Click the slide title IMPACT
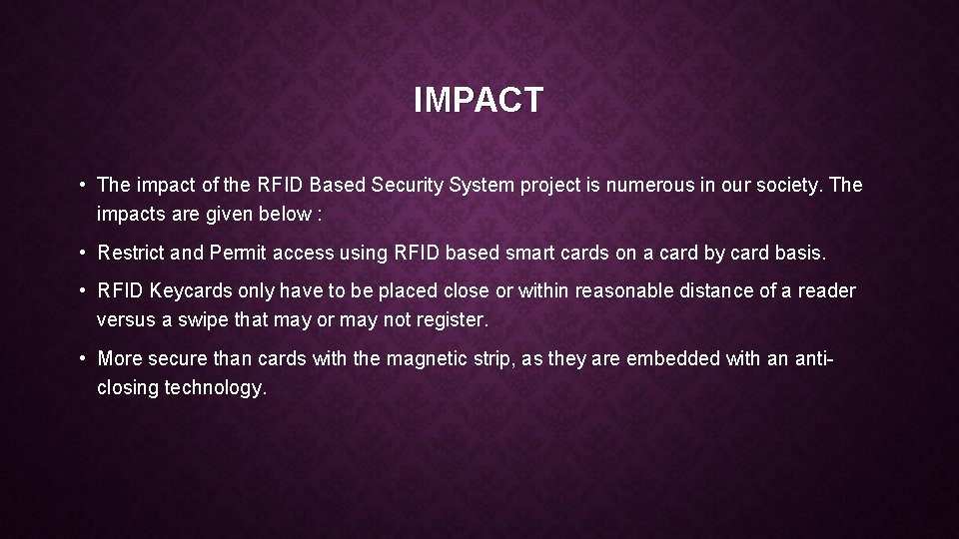479,100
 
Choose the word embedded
672,358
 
